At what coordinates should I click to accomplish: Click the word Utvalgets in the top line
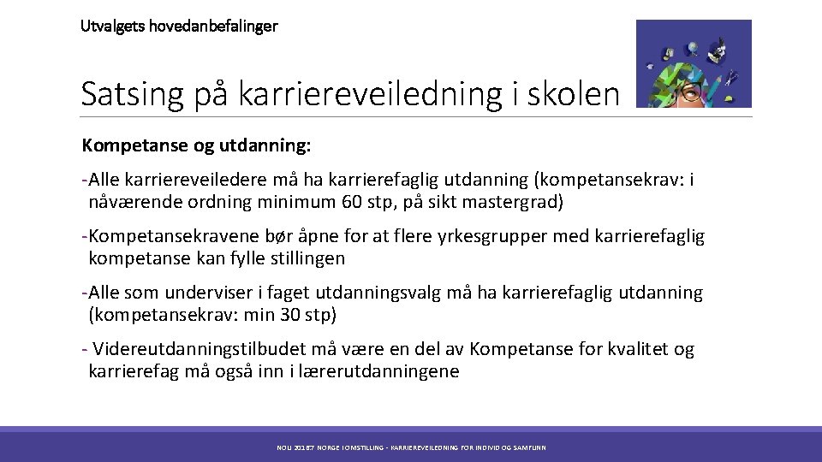point(112,26)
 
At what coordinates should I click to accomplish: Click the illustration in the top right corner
point(694,63)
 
